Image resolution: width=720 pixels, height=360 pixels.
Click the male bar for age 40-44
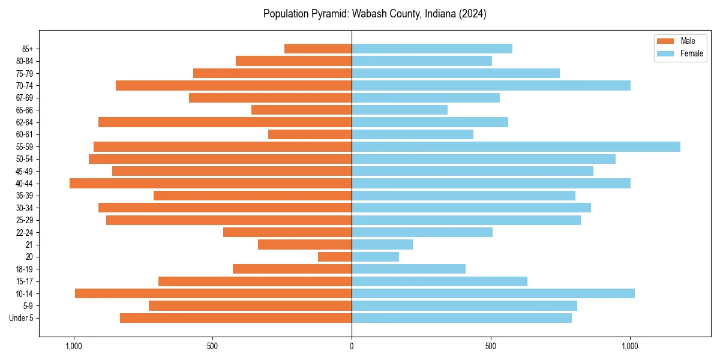click(x=210, y=183)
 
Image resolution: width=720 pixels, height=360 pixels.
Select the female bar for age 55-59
click(x=516, y=146)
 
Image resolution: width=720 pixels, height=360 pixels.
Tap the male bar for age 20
click(x=335, y=257)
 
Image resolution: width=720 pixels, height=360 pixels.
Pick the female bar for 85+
click(x=432, y=49)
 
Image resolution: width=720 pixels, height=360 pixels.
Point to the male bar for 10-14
click(x=213, y=293)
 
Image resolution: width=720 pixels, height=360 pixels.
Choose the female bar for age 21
click(x=382, y=244)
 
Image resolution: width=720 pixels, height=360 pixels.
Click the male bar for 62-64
click(x=225, y=122)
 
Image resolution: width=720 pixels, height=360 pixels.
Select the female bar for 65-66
click(x=400, y=110)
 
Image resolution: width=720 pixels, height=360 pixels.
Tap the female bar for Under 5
click(x=461, y=318)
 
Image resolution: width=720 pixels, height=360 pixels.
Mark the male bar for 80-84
click(x=293, y=61)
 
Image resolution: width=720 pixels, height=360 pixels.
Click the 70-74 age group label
click(x=25, y=85)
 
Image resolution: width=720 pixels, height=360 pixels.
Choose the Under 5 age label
click(x=22, y=318)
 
